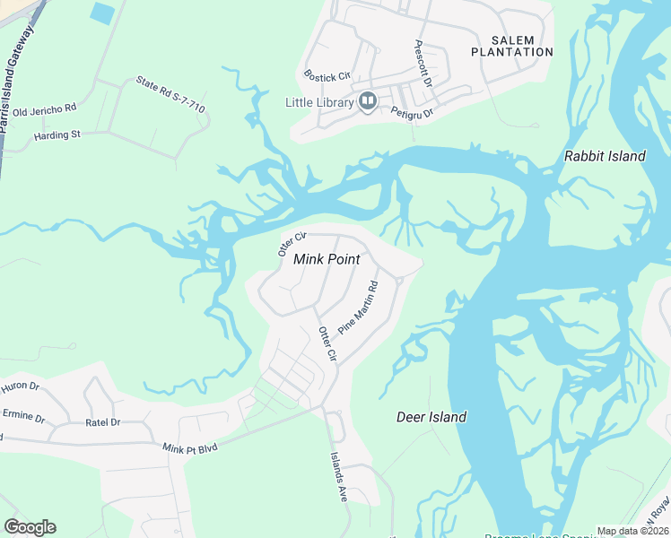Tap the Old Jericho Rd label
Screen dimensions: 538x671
tap(45, 109)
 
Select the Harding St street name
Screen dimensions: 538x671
tap(57, 135)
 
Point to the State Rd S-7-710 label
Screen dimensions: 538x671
tap(170, 95)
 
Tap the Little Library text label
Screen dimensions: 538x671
tap(319, 102)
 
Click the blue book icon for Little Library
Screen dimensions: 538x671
tap(367, 102)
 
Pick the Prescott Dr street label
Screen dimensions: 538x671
tap(423, 64)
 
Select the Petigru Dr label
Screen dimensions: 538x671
tap(413, 111)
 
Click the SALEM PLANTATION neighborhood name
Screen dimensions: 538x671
tap(512, 46)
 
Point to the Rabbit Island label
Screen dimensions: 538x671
tap(605, 156)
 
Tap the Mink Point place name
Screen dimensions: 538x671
tap(327, 259)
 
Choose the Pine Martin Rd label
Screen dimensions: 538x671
tap(358, 308)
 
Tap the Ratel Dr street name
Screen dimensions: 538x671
tap(102, 421)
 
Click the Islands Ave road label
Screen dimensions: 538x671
tap(339, 475)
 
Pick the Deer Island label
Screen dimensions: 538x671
tap(431, 417)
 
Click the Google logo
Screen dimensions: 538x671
tap(30, 527)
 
